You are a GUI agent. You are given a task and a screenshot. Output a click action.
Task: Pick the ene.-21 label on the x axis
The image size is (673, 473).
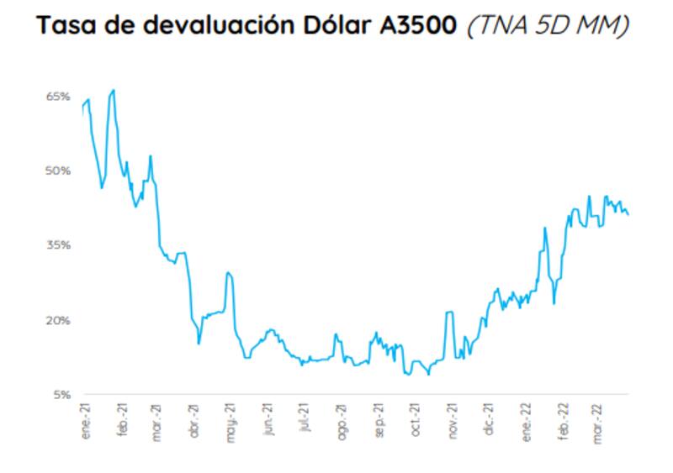[86, 418]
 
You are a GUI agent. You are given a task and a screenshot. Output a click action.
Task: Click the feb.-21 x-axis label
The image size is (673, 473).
[123, 418]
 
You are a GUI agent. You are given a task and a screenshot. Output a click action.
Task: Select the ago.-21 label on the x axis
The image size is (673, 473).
[341, 418]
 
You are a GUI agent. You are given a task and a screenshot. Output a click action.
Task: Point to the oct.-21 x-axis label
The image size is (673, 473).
[415, 418]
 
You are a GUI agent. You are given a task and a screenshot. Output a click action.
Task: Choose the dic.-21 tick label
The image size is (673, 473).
[489, 418]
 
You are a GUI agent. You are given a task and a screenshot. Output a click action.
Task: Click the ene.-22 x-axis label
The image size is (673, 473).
[527, 418]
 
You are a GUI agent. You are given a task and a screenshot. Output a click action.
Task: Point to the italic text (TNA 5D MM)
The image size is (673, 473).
[548, 26]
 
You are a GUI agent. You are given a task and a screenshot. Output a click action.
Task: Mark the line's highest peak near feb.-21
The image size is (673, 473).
[114, 90]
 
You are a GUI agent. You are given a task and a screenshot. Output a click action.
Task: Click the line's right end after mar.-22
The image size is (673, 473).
[628, 215]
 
